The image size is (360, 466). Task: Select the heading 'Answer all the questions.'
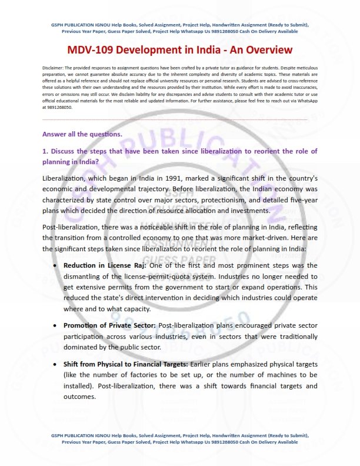click(82, 134)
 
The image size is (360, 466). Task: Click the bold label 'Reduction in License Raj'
click(106, 265)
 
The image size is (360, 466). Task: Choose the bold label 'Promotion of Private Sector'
click(110, 325)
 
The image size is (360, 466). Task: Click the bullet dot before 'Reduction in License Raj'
click(55, 266)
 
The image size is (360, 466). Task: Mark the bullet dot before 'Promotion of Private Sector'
click(55, 325)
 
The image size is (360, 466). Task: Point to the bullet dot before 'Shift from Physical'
click(55, 363)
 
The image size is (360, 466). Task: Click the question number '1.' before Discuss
click(45, 151)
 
